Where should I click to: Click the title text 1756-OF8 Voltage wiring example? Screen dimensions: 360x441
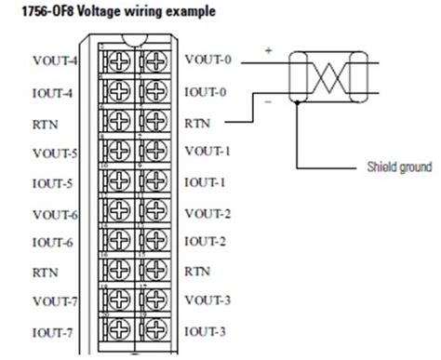tap(111, 12)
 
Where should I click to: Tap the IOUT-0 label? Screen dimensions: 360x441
tap(207, 91)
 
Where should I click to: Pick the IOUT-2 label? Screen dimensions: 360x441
tap(207, 241)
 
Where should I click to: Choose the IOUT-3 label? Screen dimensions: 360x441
tap(207, 331)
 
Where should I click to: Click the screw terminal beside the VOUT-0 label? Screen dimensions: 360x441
tap(154, 62)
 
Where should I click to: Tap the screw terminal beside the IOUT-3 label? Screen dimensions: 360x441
tap(154, 331)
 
